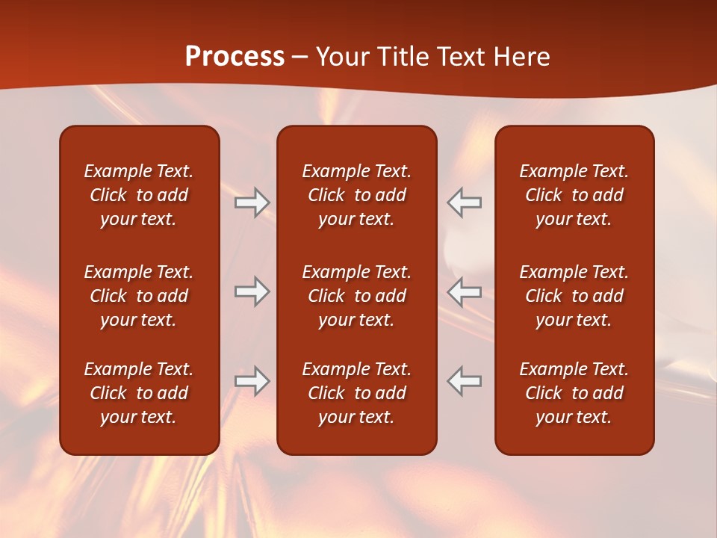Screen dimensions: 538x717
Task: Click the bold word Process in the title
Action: click(x=235, y=57)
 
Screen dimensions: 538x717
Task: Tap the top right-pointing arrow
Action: click(x=252, y=202)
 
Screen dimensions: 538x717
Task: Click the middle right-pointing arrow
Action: click(x=252, y=291)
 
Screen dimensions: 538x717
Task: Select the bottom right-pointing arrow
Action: click(x=252, y=380)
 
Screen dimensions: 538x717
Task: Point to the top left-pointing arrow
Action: click(x=464, y=202)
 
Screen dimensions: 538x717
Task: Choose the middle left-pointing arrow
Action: click(x=464, y=291)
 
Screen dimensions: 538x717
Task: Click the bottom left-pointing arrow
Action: click(x=464, y=380)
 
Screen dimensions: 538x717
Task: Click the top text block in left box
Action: click(x=139, y=195)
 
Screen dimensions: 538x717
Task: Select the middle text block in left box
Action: click(x=139, y=296)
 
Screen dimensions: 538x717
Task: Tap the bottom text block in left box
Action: click(x=139, y=393)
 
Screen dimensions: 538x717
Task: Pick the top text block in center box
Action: click(x=356, y=195)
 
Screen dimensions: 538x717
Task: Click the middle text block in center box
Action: click(x=356, y=296)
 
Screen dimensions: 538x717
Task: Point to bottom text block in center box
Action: click(x=356, y=393)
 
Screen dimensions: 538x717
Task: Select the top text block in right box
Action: click(x=574, y=195)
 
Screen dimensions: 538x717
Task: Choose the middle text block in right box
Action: click(x=574, y=296)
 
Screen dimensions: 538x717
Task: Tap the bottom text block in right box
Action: click(x=574, y=393)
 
